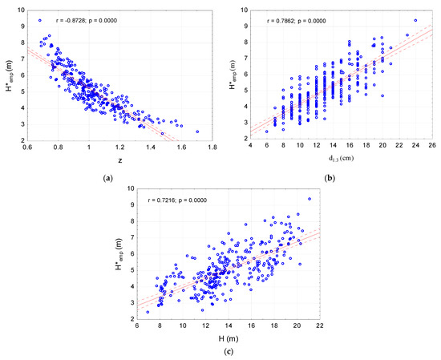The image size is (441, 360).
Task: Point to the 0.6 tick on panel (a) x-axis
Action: (x=27, y=148)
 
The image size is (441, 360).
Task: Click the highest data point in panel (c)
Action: (x=310, y=199)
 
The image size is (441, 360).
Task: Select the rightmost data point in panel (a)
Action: (x=197, y=131)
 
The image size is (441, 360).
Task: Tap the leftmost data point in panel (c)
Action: (x=148, y=312)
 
